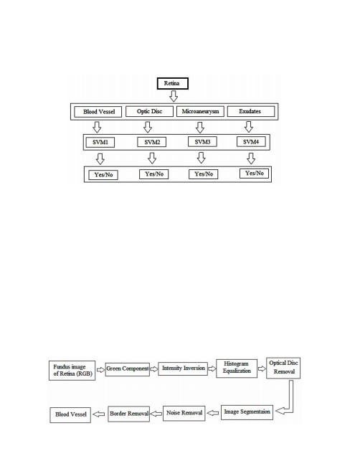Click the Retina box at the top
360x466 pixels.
[173, 83]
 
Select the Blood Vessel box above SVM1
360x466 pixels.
[98, 112]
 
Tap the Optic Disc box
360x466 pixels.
[149, 111]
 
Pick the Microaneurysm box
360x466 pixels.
[200, 111]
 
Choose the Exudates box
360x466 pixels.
[251, 111]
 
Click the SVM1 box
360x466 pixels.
[100, 143]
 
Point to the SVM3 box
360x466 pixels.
[202, 142]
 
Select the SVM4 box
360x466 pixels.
[251, 142]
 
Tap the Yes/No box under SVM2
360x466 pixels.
[154, 174]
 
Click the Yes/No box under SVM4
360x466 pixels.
[254, 173]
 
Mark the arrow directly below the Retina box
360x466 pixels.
[174, 96]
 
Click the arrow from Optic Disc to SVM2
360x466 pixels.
[148, 127]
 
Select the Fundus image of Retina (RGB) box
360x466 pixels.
[72, 371]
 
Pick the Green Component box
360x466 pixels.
[128, 369]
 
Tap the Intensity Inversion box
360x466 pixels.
[183, 368]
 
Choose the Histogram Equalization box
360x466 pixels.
[237, 368]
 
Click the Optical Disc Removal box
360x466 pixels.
[283, 368]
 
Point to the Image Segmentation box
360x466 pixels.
[247, 412]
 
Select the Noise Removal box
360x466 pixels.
[184, 414]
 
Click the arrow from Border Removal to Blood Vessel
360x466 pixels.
[99, 414]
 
